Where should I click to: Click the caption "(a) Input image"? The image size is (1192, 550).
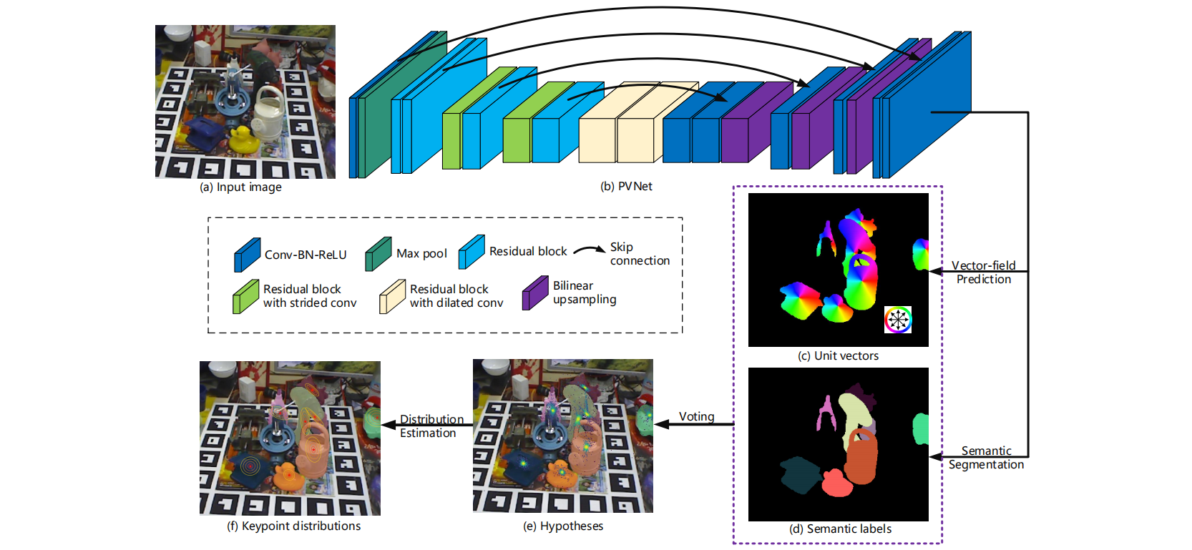(x=240, y=187)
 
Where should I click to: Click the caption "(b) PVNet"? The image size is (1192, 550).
(x=626, y=187)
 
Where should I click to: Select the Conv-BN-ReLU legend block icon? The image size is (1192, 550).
(x=247, y=255)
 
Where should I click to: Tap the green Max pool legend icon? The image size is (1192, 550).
(x=378, y=254)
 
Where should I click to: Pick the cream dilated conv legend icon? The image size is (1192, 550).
(x=392, y=296)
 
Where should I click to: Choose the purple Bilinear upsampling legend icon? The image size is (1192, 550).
(x=535, y=293)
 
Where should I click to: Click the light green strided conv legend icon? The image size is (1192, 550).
(x=245, y=296)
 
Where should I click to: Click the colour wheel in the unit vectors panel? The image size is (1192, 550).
(x=898, y=319)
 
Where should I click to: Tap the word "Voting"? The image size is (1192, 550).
(x=696, y=416)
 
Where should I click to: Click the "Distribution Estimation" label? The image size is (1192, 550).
(x=431, y=426)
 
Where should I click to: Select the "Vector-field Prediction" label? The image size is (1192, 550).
(x=983, y=272)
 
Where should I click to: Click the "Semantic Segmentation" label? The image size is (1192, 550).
(x=986, y=458)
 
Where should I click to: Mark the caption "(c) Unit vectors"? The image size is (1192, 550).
(x=838, y=356)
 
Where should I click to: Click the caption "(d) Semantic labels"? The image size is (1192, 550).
(x=840, y=529)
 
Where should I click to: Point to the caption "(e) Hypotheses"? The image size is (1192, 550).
(x=563, y=526)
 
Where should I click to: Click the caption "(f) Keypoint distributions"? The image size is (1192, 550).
(x=293, y=526)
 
